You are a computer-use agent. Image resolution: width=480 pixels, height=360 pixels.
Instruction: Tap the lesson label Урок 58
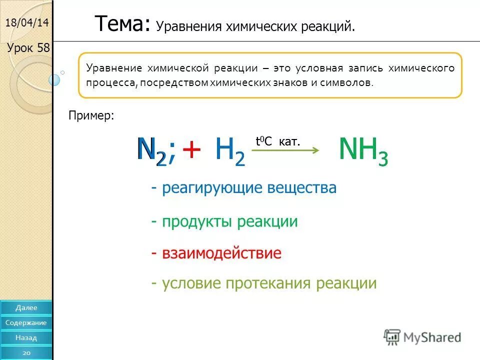click(28, 48)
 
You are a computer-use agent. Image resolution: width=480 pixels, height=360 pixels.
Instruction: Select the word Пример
click(91, 116)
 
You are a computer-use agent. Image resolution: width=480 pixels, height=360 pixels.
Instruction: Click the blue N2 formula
click(152, 149)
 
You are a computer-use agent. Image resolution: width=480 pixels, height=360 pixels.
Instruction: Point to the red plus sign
click(191, 149)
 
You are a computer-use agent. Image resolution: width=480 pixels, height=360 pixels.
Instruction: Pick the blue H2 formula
click(230, 150)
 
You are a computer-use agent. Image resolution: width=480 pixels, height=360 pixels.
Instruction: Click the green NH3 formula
click(363, 150)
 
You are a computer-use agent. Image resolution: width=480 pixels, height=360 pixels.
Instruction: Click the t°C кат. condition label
click(278, 141)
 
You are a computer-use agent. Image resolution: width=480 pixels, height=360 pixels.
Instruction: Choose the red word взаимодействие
click(216, 253)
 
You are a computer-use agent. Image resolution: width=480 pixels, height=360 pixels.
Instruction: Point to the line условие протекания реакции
click(264, 283)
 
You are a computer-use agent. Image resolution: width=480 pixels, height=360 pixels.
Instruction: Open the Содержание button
click(26, 322)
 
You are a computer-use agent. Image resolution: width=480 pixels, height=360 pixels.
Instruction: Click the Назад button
click(26, 337)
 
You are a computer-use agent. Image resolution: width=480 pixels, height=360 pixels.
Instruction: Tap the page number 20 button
click(26, 352)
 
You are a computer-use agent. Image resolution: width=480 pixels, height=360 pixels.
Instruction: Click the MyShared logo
click(422, 337)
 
